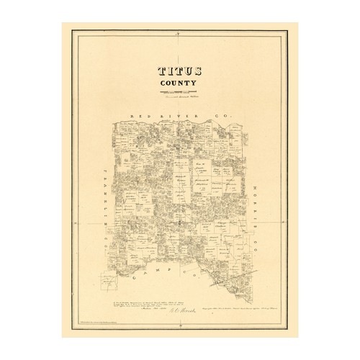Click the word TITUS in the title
click(179, 73)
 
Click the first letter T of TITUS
click(160, 73)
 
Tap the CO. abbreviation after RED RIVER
click(228, 115)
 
